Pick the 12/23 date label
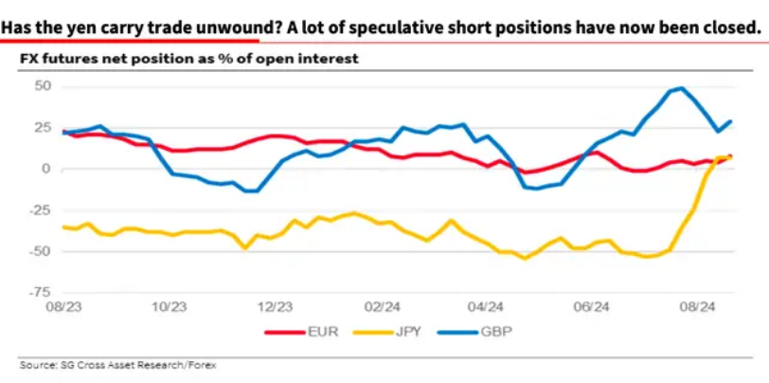276,307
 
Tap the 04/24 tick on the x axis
486,307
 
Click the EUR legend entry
301,332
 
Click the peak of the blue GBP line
681,88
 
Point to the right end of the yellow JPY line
731,157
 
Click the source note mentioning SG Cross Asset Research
118,365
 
